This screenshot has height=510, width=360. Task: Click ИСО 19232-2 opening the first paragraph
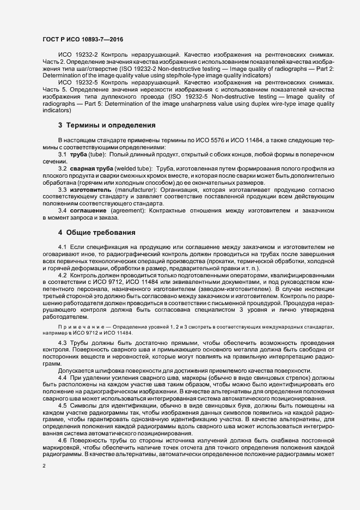coord(76,56)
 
